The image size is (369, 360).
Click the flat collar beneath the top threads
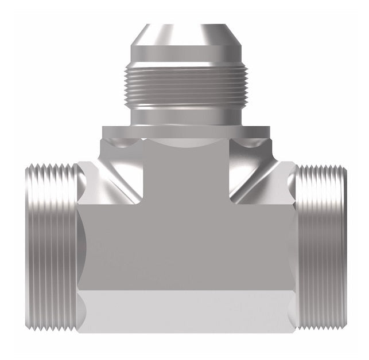185,132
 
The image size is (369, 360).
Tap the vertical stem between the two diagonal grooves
185,172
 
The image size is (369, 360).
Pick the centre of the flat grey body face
185,246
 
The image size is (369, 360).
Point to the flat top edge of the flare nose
185,26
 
